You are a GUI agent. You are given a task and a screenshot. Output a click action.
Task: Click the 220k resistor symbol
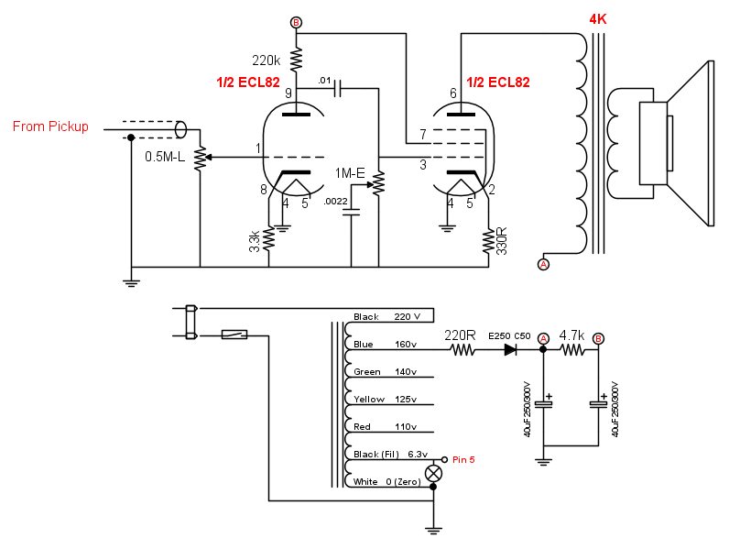click(296, 59)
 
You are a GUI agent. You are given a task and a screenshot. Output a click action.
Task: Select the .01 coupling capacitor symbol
click(338, 88)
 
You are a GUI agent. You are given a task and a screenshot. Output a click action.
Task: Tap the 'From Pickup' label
click(50, 126)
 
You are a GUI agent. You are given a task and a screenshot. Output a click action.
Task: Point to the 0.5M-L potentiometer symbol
click(201, 158)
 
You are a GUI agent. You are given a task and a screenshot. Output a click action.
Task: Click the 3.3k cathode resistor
click(268, 239)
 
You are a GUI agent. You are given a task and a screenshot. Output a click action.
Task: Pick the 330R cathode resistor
click(488, 240)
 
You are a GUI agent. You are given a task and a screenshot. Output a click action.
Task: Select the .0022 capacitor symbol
click(351, 213)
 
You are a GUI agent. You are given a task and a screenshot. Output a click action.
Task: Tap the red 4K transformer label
click(598, 19)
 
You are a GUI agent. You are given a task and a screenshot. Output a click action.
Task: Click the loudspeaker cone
click(691, 143)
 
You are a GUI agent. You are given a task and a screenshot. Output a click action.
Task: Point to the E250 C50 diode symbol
click(510, 349)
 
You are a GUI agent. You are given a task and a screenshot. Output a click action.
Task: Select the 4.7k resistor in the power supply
click(571, 349)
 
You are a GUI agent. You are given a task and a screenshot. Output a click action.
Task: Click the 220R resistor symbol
click(463, 349)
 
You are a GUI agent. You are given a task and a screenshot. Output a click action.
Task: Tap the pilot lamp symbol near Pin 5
click(434, 474)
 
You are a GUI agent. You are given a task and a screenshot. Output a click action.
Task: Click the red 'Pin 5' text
click(463, 460)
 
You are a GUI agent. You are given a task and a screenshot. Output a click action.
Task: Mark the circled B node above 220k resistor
click(296, 22)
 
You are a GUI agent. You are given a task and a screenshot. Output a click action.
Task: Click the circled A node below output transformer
click(543, 264)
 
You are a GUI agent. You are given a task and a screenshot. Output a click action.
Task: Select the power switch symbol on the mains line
click(234, 334)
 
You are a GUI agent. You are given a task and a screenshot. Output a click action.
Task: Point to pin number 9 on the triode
click(288, 93)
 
